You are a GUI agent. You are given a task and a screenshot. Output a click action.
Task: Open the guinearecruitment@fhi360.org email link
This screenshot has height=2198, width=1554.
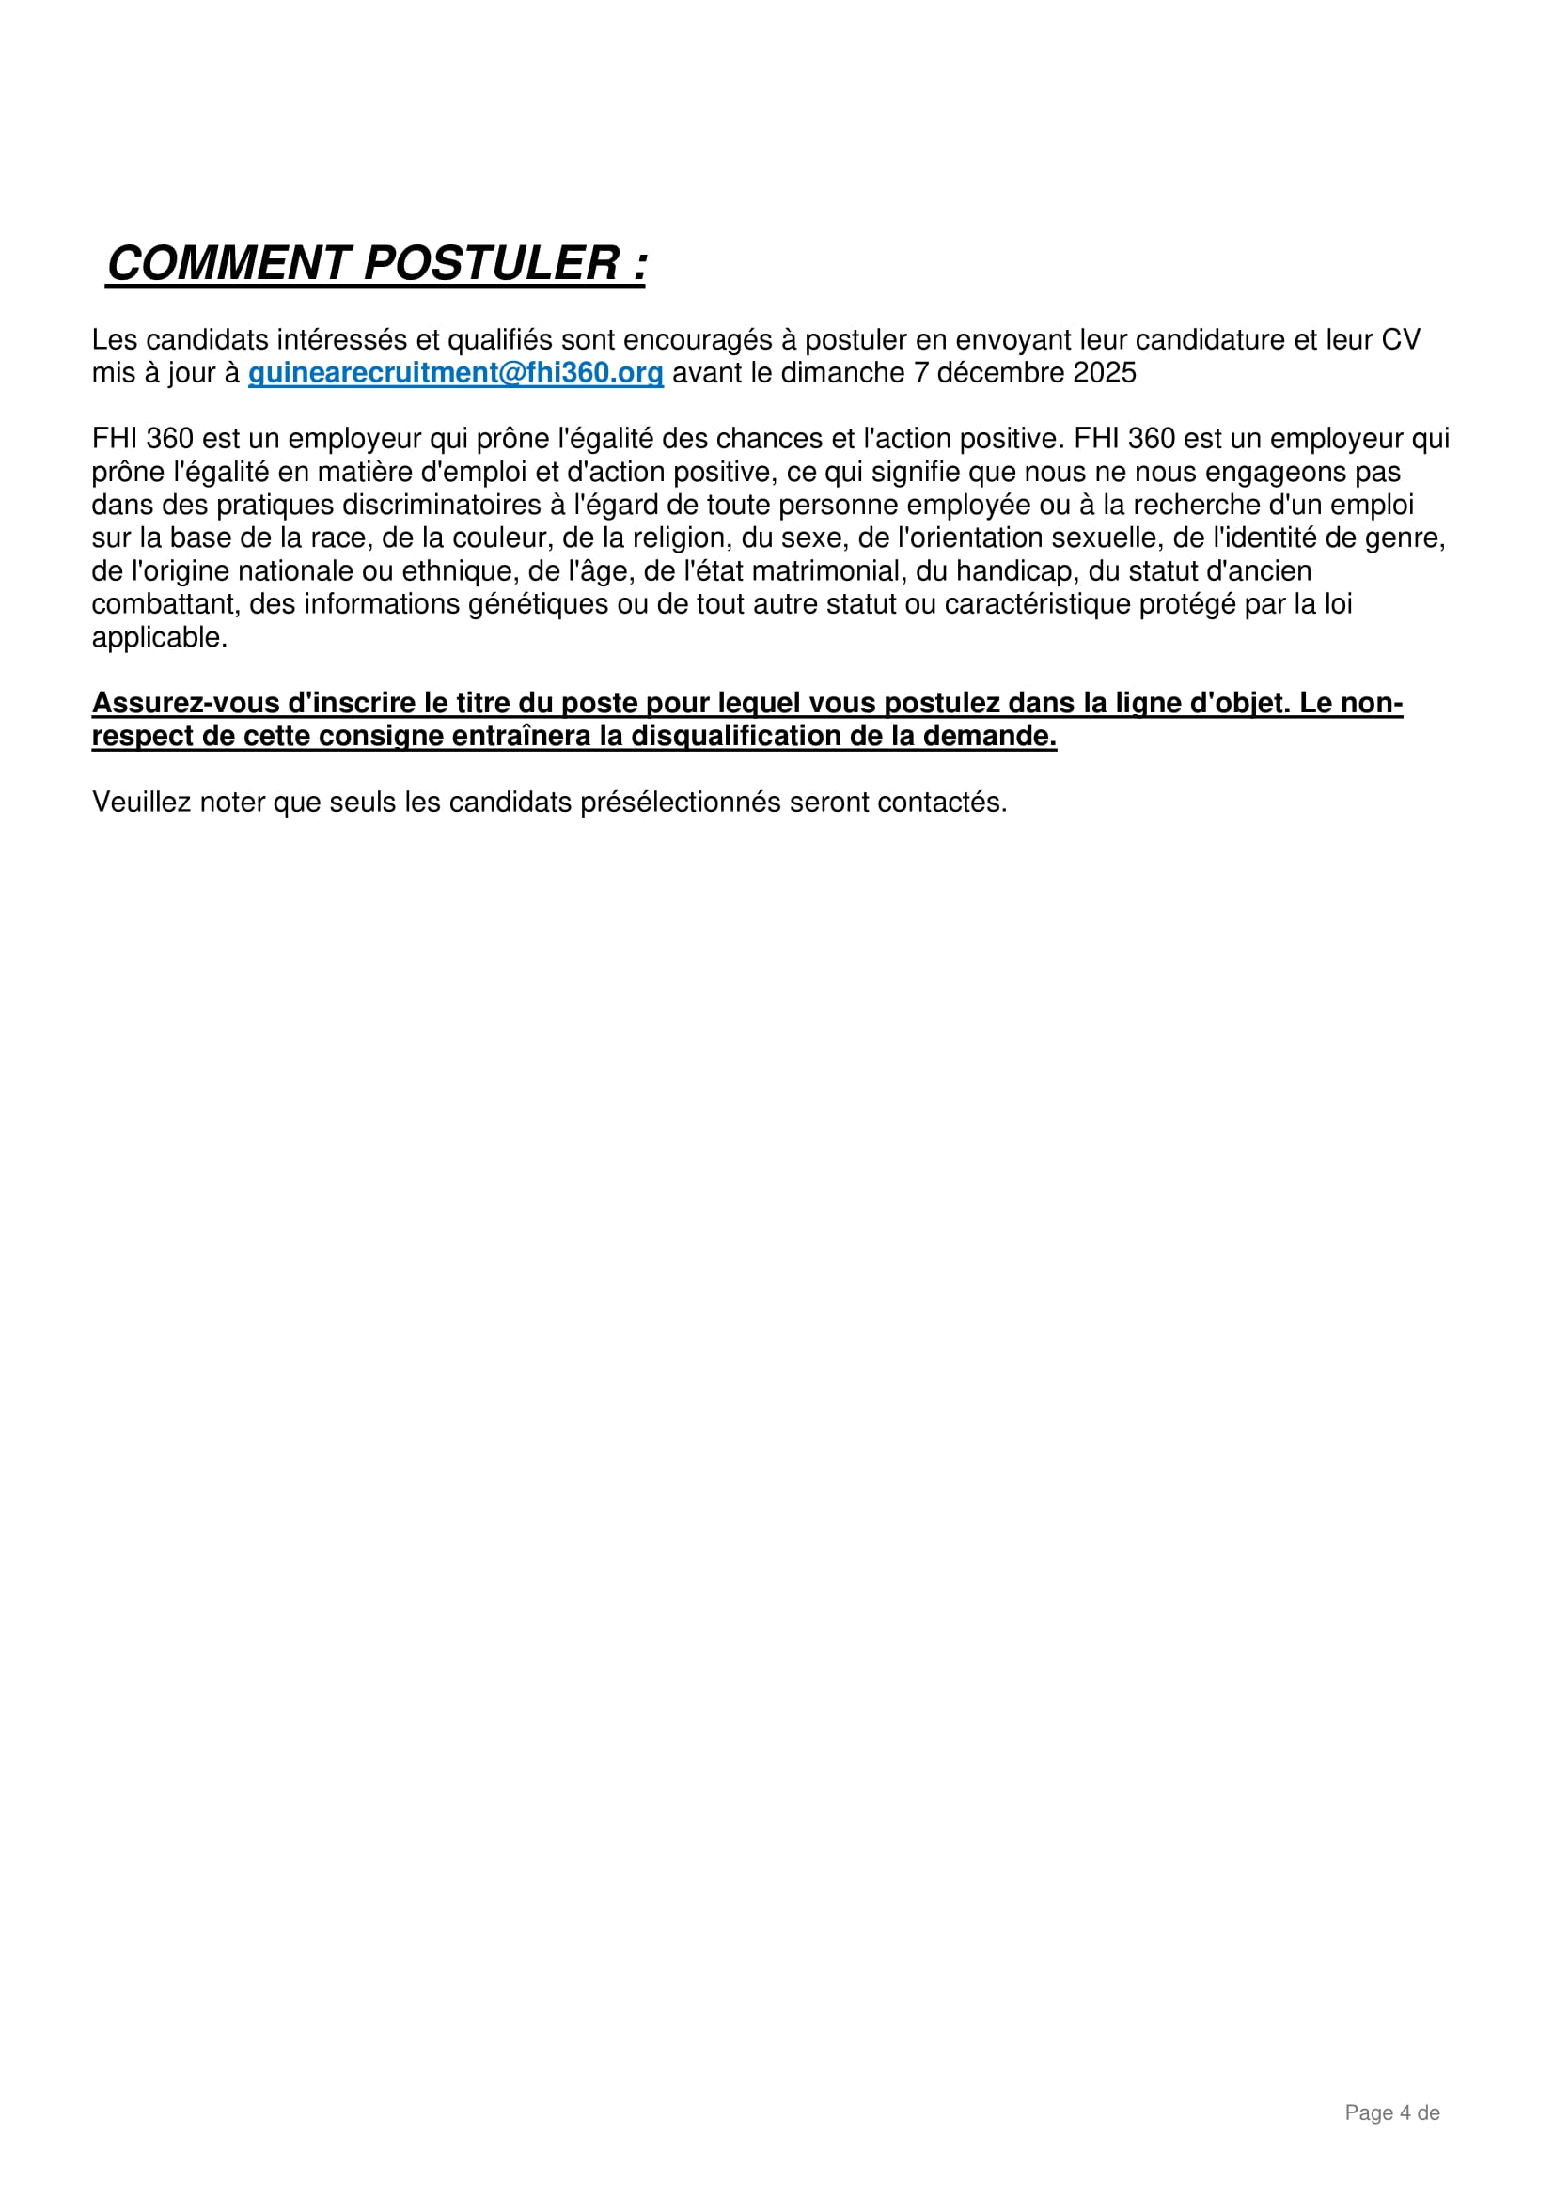point(456,373)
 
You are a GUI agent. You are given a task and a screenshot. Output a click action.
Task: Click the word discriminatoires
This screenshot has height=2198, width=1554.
point(444,505)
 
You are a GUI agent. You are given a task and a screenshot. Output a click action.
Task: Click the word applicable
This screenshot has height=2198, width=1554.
point(159,637)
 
